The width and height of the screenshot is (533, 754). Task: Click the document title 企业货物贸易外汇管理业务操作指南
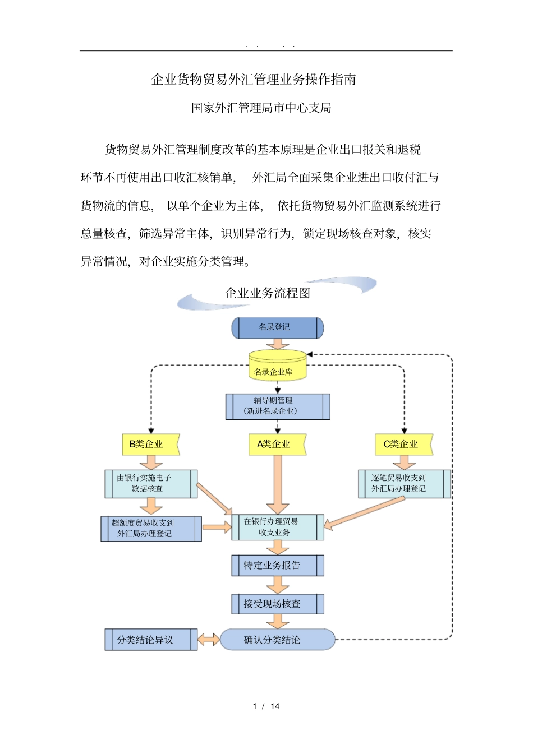pos(254,80)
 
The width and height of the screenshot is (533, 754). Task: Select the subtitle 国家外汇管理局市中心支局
pos(261,108)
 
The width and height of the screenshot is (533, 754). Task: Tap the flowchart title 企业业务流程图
pos(267,293)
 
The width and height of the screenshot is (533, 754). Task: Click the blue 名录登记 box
pos(277,328)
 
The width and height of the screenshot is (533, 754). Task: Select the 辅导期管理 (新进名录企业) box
pos(277,406)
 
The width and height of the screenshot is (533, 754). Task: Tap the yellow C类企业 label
pos(403,444)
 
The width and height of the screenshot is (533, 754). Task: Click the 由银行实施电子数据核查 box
pos(150,484)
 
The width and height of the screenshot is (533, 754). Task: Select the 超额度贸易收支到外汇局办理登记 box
pos(150,529)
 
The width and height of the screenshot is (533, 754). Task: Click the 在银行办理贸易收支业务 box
pos(277,527)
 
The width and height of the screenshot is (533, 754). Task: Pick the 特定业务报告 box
pos(277,566)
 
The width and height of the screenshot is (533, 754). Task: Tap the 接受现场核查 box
pos(277,604)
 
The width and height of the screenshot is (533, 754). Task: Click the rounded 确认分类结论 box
pos(277,640)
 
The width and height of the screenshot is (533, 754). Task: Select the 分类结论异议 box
pos(150,640)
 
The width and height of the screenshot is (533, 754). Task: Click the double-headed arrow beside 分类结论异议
pos(209,640)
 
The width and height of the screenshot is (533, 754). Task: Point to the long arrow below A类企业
pos(277,482)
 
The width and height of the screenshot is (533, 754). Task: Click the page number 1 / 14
pos(266,706)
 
